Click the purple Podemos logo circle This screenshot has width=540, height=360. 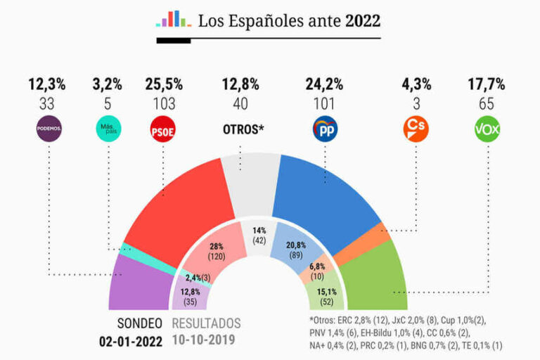click(49, 129)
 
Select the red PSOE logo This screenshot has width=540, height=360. click(164, 129)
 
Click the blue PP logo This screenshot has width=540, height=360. click(325, 129)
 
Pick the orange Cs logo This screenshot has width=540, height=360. click(415, 129)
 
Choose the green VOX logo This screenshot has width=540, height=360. click(487, 129)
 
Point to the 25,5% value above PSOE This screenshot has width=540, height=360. click(164, 84)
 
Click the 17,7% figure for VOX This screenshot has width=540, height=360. click(487, 84)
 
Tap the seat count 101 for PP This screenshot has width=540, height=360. click(324, 103)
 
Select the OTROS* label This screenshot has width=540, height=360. click(242, 130)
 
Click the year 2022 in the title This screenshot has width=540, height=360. click(362, 21)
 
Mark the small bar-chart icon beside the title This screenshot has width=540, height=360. click(172, 19)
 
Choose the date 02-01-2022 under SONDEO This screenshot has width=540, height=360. click(131, 342)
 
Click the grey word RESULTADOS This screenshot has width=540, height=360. click(207, 324)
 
